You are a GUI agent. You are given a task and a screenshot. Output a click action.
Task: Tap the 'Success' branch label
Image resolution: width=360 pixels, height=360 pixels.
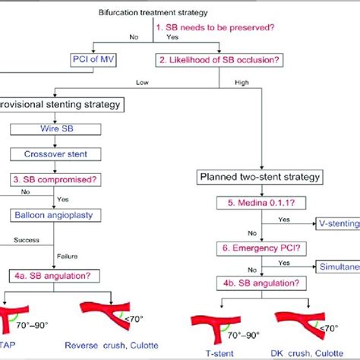pos(21,245)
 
